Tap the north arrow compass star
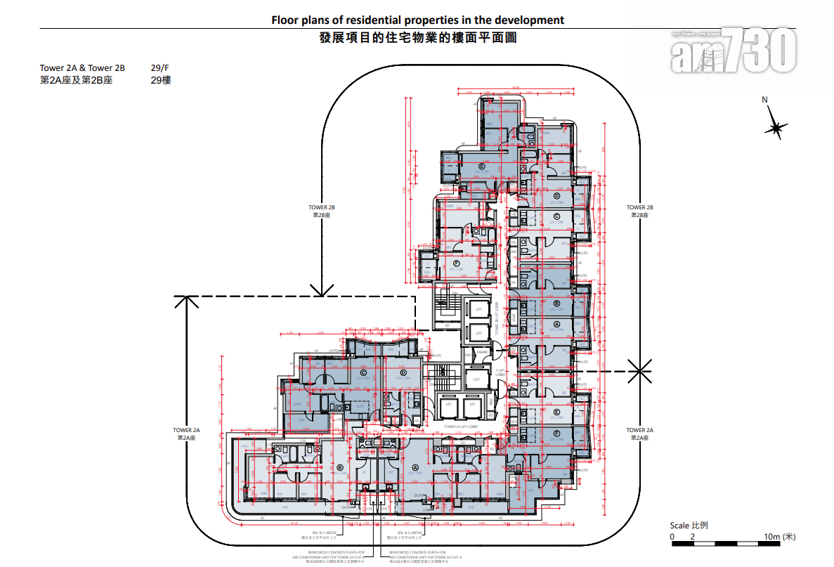click(776, 127)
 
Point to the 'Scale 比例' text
click(689, 526)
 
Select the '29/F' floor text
click(159, 68)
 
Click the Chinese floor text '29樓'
click(160, 80)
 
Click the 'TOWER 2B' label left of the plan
click(321, 207)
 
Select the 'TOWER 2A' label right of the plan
click(639, 430)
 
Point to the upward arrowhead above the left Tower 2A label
click(186, 302)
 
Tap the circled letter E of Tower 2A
click(556, 412)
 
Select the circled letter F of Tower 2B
click(457, 263)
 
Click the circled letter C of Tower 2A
click(364, 372)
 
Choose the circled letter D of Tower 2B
click(556, 196)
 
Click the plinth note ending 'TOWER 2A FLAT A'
click(419, 557)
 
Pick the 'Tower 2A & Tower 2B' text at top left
click(82, 68)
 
